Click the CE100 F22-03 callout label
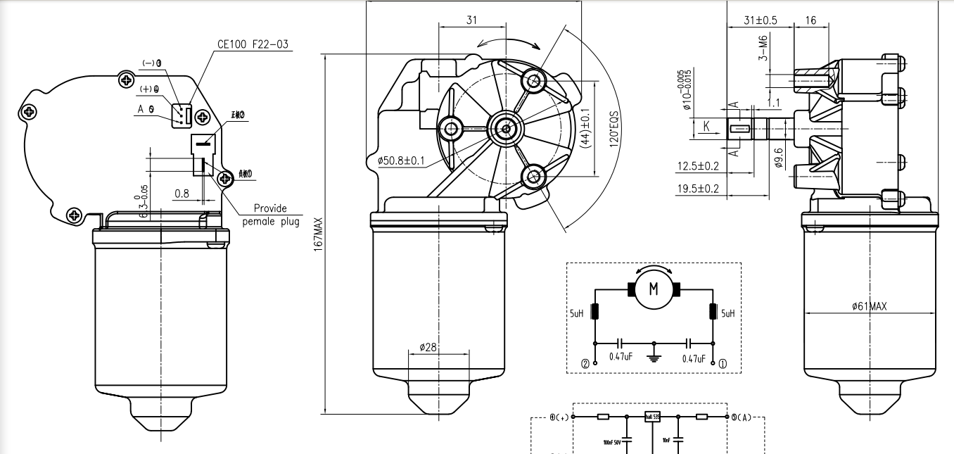pyautogui.click(x=253, y=44)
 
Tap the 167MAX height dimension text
pyautogui.click(x=319, y=234)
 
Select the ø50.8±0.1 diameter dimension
pyautogui.click(x=402, y=160)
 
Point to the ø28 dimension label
pyautogui.click(x=428, y=348)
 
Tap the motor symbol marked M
pyautogui.click(x=654, y=289)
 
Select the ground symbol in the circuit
pyautogui.click(x=654, y=355)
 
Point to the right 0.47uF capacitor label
pyautogui.click(x=693, y=358)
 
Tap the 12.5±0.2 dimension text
pyautogui.click(x=697, y=166)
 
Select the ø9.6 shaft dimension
pyautogui.click(x=777, y=155)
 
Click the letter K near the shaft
pyautogui.click(x=706, y=127)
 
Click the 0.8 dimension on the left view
pyautogui.click(x=182, y=193)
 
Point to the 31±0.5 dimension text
pyautogui.click(x=760, y=20)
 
